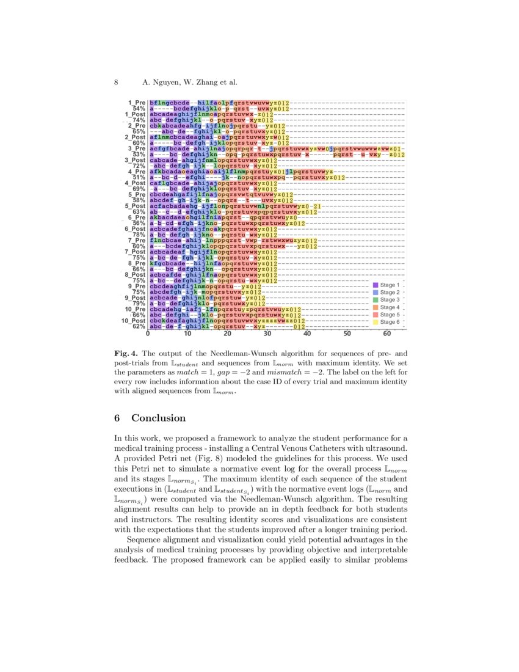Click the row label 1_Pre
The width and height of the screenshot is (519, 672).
pyautogui.click(x=136, y=103)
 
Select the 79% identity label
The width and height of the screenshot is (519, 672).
pyautogui.click(x=138, y=303)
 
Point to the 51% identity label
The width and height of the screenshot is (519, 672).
pyautogui.click(x=138, y=177)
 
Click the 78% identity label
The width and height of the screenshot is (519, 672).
pyautogui.click(x=138, y=235)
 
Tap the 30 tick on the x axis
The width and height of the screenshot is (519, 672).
pyautogui.click(x=267, y=334)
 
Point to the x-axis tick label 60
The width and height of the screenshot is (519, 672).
pyautogui.click(x=387, y=334)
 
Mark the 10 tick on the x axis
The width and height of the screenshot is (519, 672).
pyautogui.click(x=188, y=334)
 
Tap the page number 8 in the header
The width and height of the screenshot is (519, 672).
pyautogui.click(x=116, y=82)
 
